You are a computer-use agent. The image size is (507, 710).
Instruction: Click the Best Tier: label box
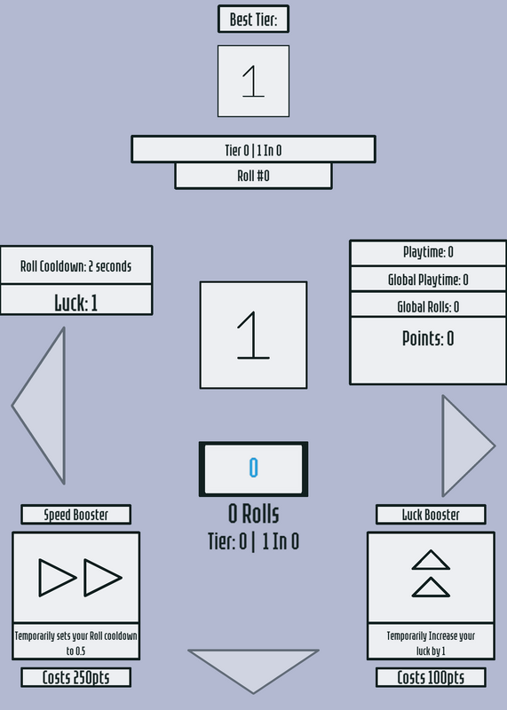253,19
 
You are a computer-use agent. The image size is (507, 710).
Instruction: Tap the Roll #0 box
253,176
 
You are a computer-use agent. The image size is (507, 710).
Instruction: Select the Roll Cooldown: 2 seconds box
76,265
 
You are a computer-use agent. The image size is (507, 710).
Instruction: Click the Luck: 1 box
76,300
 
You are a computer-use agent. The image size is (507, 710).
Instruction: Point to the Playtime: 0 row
428,253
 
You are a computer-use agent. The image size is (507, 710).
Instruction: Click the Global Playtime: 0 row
428,280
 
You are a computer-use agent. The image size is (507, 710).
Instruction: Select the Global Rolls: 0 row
428,305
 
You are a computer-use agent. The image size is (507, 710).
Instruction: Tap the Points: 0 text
428,339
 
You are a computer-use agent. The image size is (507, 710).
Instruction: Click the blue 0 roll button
253,469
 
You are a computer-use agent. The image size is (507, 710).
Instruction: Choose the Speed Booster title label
76,515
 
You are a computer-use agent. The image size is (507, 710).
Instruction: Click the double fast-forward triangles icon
80,578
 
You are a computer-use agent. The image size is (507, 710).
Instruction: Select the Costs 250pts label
76,677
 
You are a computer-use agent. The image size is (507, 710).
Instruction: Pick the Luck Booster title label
431,515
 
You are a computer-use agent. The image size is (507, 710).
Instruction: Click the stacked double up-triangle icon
431,573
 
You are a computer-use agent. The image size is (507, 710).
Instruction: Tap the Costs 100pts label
431,677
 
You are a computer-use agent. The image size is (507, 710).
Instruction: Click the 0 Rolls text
253,514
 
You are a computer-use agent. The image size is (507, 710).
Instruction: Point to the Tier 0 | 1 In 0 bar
253,149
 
